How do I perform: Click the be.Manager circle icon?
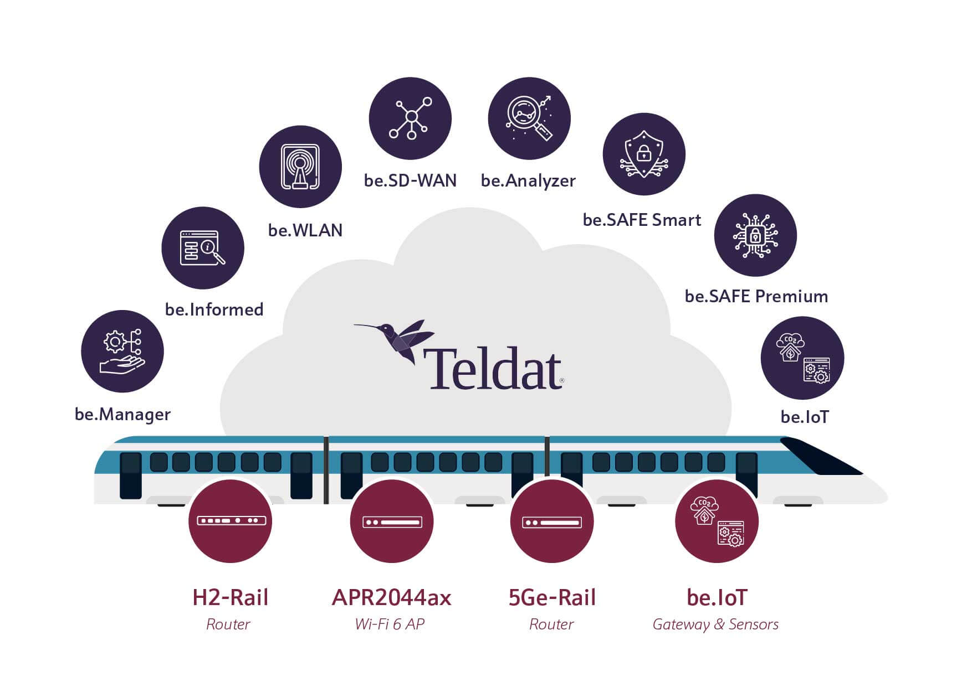[x=122, y=351]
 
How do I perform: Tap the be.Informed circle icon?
[x=203, y=247]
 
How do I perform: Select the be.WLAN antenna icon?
[x=300, y=167]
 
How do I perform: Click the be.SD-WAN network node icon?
[x=410, y=118]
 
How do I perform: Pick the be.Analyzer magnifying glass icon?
[x=529, y=118]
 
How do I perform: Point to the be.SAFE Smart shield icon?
[x=644, y=154]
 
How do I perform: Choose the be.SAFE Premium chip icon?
[x=755, y=235]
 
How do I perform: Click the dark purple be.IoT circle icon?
[x=802, y=358]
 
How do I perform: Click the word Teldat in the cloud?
[x=493, y=368]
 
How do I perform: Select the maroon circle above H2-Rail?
[x=230, y=521]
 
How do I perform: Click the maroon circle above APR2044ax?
[x=392, y=521]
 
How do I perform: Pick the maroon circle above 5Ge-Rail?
[x=552, y=521]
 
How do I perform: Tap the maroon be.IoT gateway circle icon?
[x=717, y=521]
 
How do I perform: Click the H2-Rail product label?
[x=230, y=598]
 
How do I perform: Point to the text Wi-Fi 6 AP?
[x=390, y=624]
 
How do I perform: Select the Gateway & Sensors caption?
[x=715, y=624]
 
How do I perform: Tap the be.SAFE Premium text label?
[x=756, y=296]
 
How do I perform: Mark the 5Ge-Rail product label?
[x=552, y=598]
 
